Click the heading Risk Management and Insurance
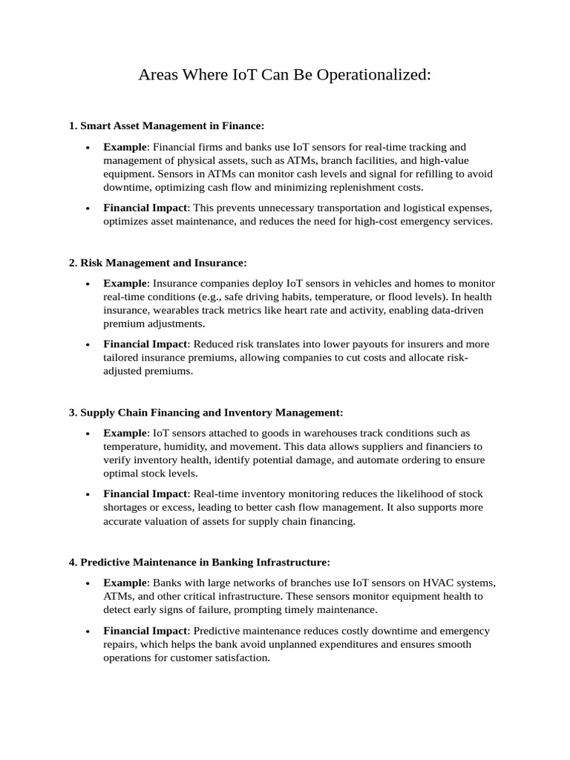point(163,263)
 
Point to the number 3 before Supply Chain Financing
point(72,412)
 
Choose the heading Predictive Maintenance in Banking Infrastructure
point(204,562)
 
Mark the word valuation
point(171,521)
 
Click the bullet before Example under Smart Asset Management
point(88,148)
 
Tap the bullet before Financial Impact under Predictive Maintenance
point(88,631)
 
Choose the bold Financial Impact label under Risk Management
point(145,344)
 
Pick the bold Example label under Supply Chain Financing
point(125,433)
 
